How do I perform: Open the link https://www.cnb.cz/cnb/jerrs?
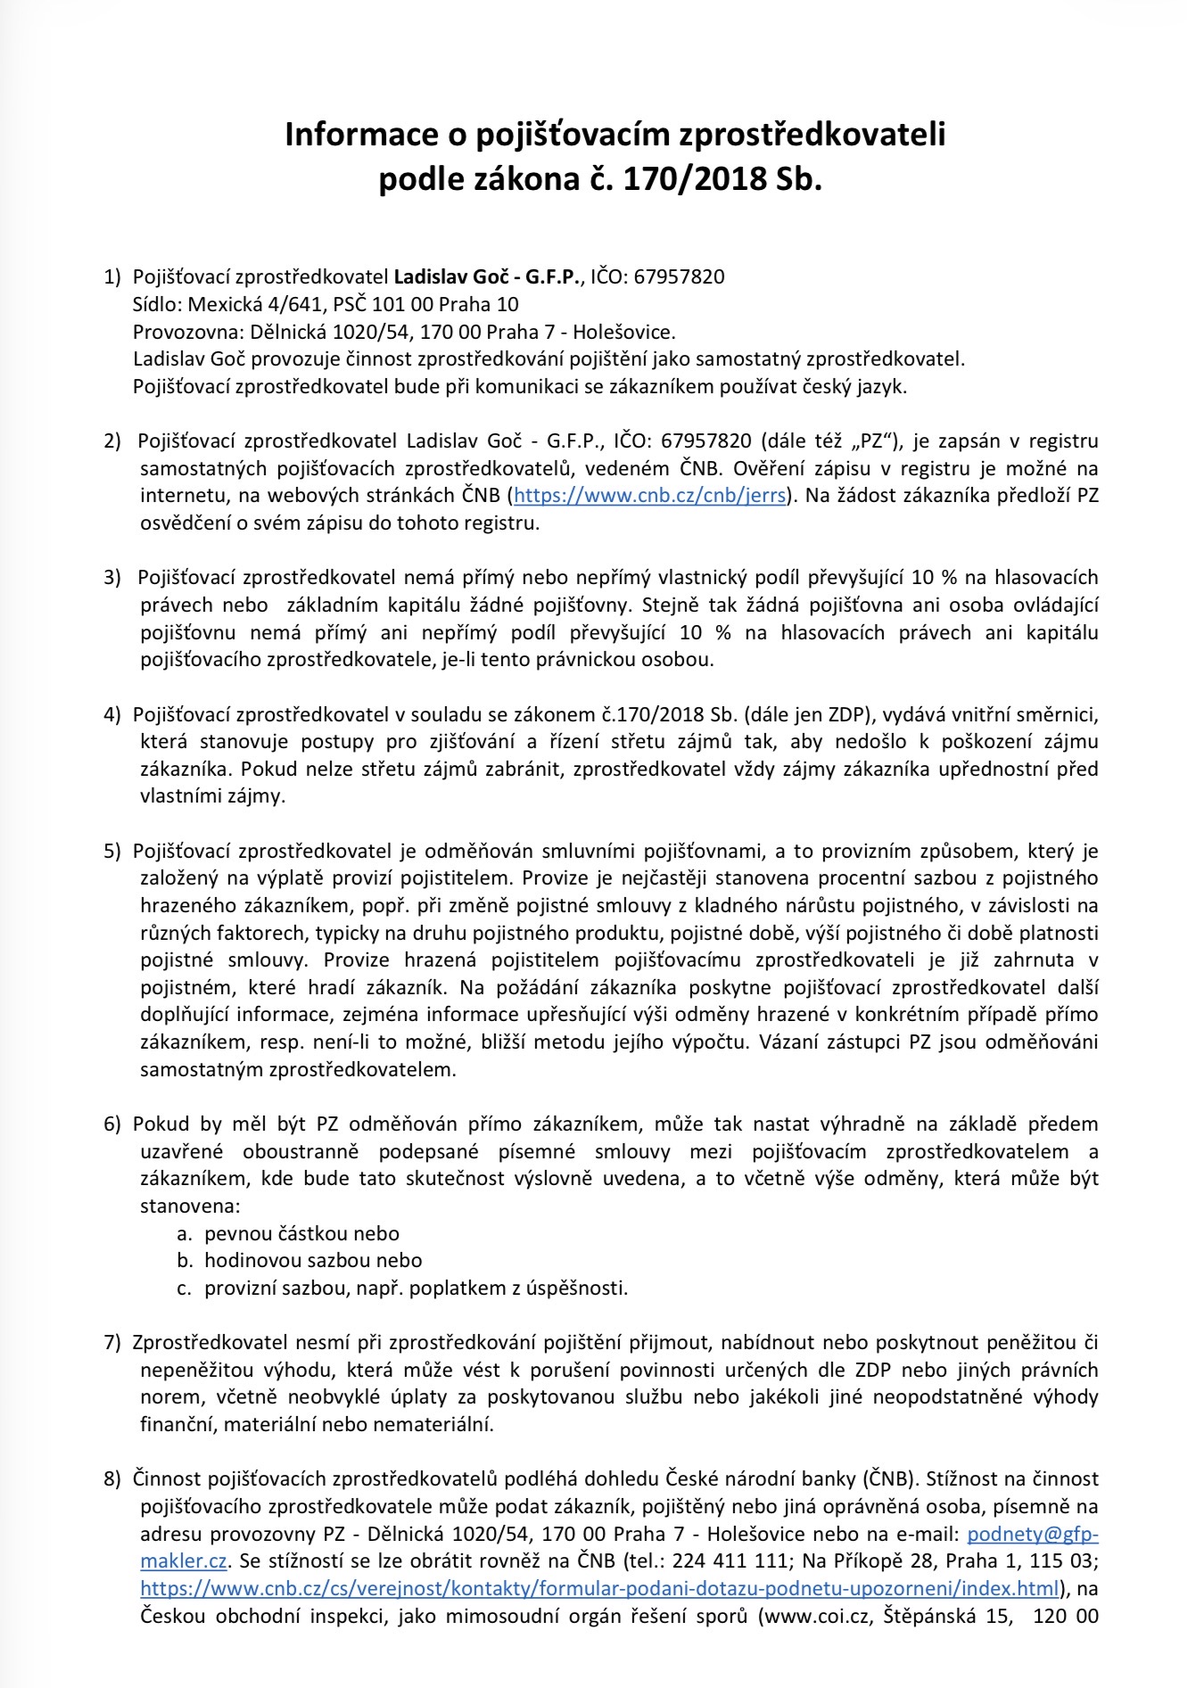[650, 496]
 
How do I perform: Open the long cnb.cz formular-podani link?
[600, 1588]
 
